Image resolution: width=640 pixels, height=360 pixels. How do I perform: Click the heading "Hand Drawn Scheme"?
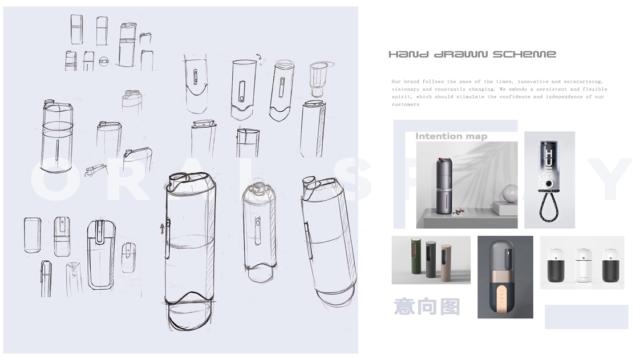pos(472,54)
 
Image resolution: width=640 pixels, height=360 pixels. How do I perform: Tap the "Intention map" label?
pos(451,136)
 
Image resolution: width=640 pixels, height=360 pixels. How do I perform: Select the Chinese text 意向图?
pos(427,306)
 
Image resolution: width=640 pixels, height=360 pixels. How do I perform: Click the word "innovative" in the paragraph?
pos(532,82)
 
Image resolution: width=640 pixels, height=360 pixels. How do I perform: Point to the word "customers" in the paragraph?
pos(405,104)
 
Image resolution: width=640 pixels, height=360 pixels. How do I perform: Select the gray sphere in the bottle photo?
pos(509,193)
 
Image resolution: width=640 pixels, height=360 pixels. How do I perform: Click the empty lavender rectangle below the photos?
pos(586,317)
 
